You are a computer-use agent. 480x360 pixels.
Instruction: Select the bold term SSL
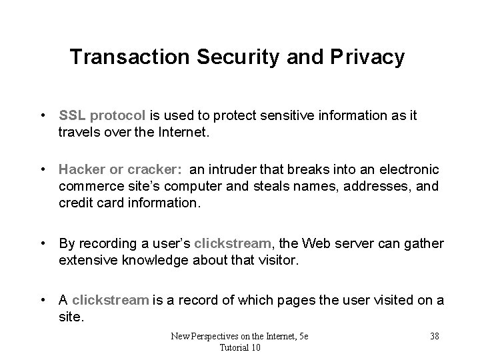point(72,115)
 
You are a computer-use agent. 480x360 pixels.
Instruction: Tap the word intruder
point(223,171)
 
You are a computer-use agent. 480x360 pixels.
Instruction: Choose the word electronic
point(404,171)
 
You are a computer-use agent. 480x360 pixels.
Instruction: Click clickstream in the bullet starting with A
point(110,300)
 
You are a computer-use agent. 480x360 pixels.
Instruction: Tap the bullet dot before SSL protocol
point(43,115)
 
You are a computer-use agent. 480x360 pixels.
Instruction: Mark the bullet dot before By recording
point(43,243)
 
